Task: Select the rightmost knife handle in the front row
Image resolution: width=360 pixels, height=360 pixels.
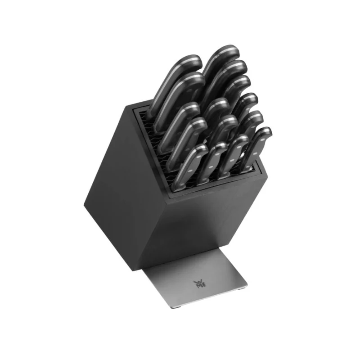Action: (259, 144)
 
